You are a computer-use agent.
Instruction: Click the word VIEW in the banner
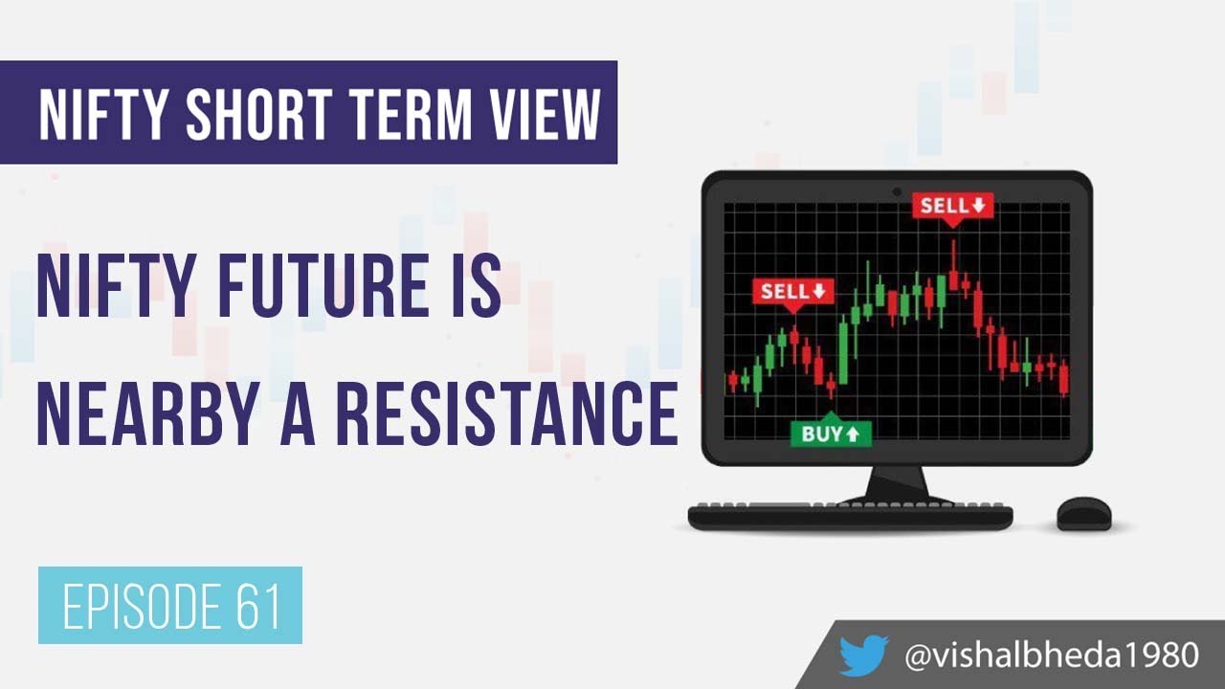[546, 114]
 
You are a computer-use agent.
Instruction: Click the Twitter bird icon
[863, 656]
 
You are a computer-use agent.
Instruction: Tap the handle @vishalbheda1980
[1051, 656]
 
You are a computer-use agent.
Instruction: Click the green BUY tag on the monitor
[830, 433]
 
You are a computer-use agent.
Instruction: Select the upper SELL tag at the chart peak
[951, 206]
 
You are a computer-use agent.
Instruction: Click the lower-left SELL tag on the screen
[792, 291]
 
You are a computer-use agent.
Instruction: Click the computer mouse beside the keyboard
[1083, 513]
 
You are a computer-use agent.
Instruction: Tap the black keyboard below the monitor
[850, 516]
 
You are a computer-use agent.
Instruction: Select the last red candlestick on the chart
[1064, 377]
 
